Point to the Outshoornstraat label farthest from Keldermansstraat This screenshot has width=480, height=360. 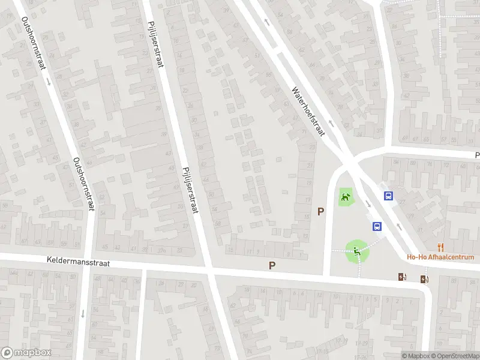[34, 43]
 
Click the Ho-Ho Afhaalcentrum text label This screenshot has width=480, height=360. [440, 257]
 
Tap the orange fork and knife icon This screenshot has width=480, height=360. [441, 246]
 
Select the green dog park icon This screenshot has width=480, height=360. [346, 196]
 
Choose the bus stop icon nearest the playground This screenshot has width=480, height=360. [377, 226]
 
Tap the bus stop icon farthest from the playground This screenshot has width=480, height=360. [389, 196]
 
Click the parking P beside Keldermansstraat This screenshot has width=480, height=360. [272, 265]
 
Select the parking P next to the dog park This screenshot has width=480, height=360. [321, 211]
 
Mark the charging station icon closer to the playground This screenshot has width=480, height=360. [401, 277]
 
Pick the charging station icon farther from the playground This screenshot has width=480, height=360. [425, 278]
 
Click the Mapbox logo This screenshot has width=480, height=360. [26, 353]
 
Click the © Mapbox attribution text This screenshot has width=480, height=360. [416, 355]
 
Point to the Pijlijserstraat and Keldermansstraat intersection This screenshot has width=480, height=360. [209, 270]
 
